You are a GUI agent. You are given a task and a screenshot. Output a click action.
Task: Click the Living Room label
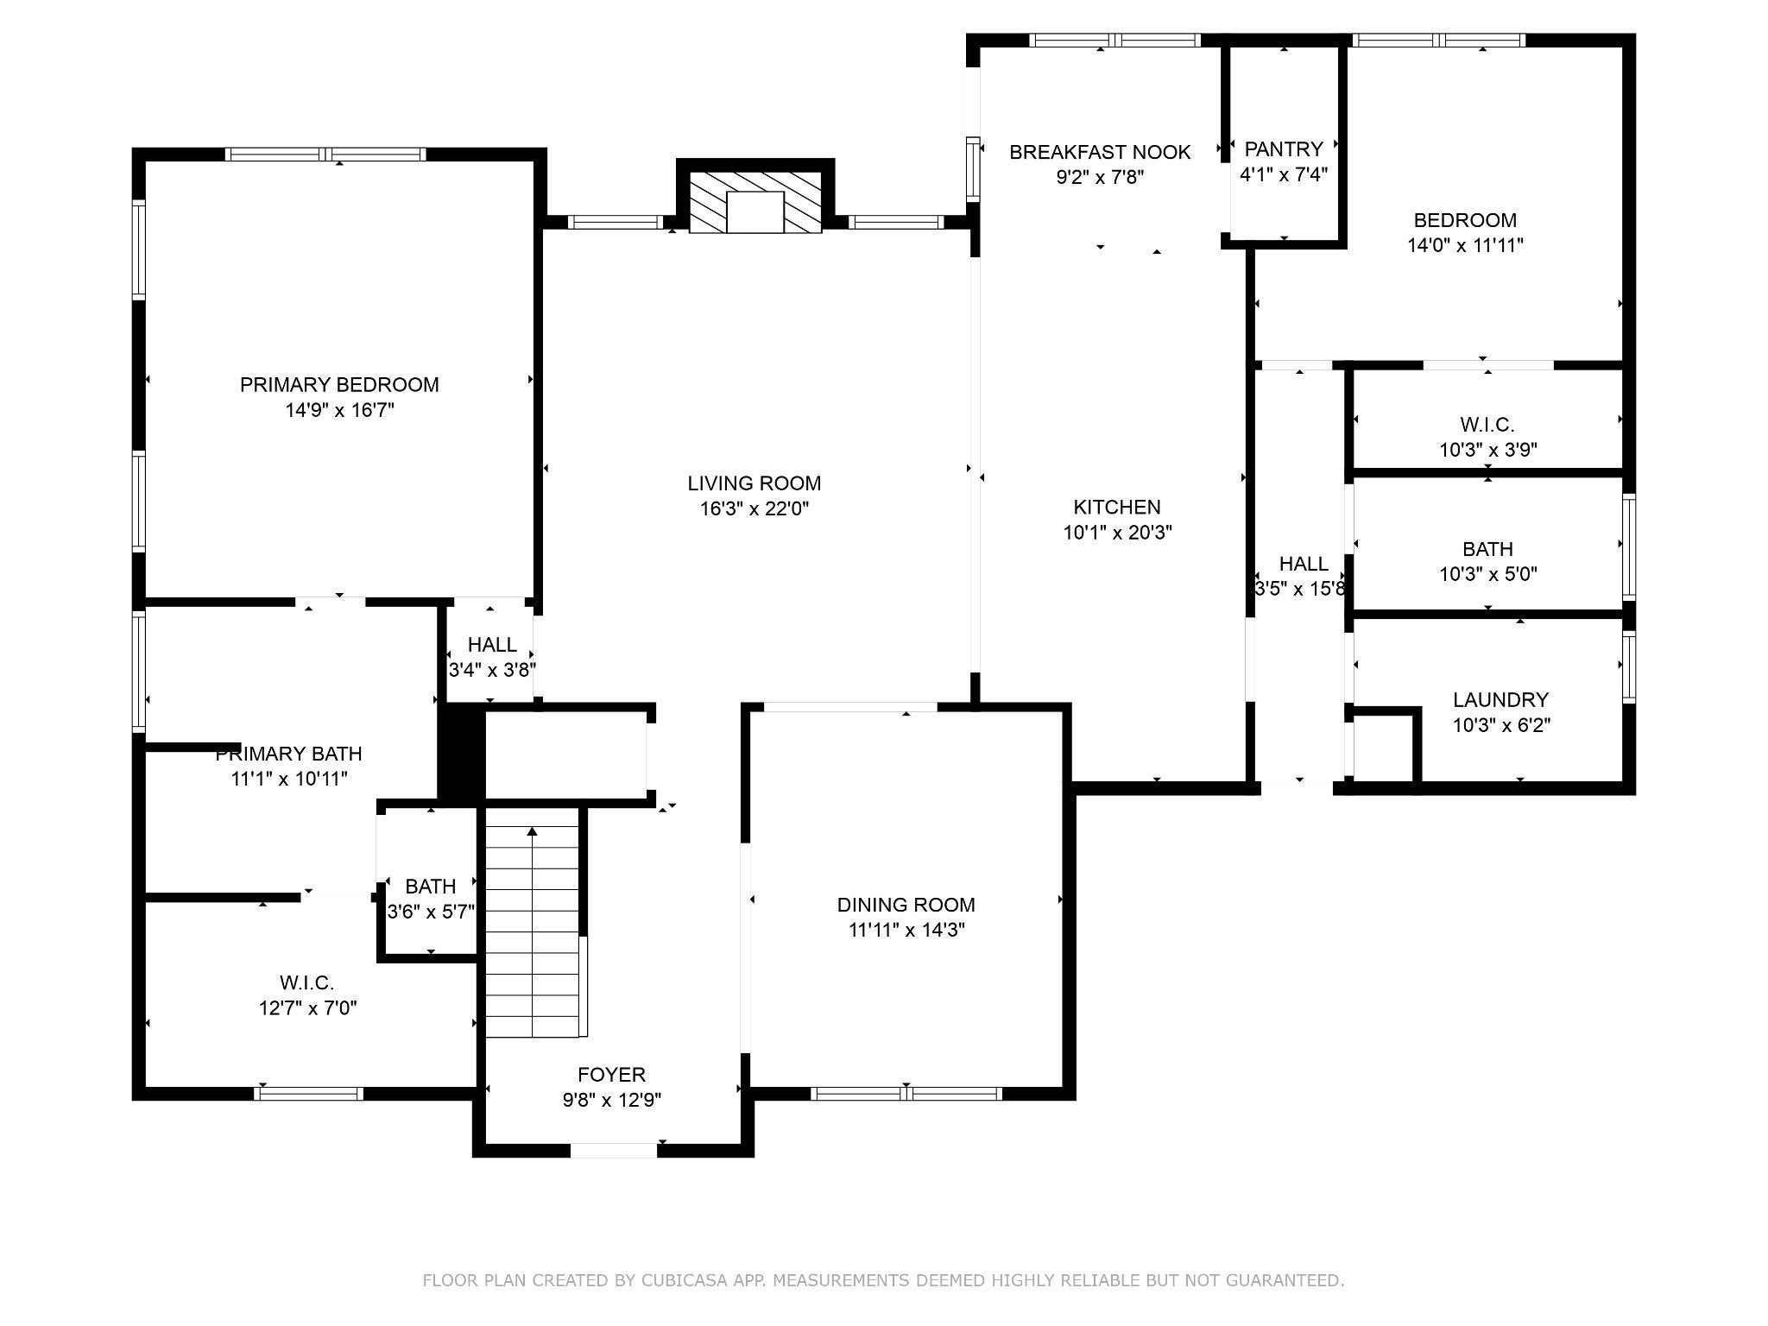[x=754, y=483]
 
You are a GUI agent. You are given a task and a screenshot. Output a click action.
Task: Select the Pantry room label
[x=1284, y=148]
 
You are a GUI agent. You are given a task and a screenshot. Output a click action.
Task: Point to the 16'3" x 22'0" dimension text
[x=754, y=509]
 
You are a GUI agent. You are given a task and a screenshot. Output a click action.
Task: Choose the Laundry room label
[x=1500, y=700]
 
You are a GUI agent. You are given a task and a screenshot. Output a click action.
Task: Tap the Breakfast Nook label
[x=1100, y=152]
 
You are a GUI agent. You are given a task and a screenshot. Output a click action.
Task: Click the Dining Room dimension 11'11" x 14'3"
[x=906, y=931]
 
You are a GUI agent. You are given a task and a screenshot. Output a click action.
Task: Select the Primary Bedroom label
[x=339, y=385]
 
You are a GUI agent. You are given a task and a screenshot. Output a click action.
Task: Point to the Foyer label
[x=611, y=1075]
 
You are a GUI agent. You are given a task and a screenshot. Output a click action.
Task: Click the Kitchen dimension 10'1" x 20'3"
[x=1117, y=533]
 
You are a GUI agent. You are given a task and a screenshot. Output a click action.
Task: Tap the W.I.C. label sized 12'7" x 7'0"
[x=306, y=983]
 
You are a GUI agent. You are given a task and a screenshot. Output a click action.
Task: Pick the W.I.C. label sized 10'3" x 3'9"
[x=1487, y=425]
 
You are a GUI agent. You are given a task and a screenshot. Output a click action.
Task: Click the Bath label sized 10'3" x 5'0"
[x=1487, y=549]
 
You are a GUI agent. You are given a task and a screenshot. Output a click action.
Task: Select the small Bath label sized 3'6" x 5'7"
[x=430, y=887]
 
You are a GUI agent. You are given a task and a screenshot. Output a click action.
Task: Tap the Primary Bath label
[x=288, y=754]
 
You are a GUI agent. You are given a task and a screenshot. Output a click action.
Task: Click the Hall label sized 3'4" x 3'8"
[x=492, y=645]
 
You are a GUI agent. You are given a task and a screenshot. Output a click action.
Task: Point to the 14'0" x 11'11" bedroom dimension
[x=1465, y=245]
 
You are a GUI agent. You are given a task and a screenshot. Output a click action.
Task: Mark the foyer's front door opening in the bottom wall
[x=614, y=1150]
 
